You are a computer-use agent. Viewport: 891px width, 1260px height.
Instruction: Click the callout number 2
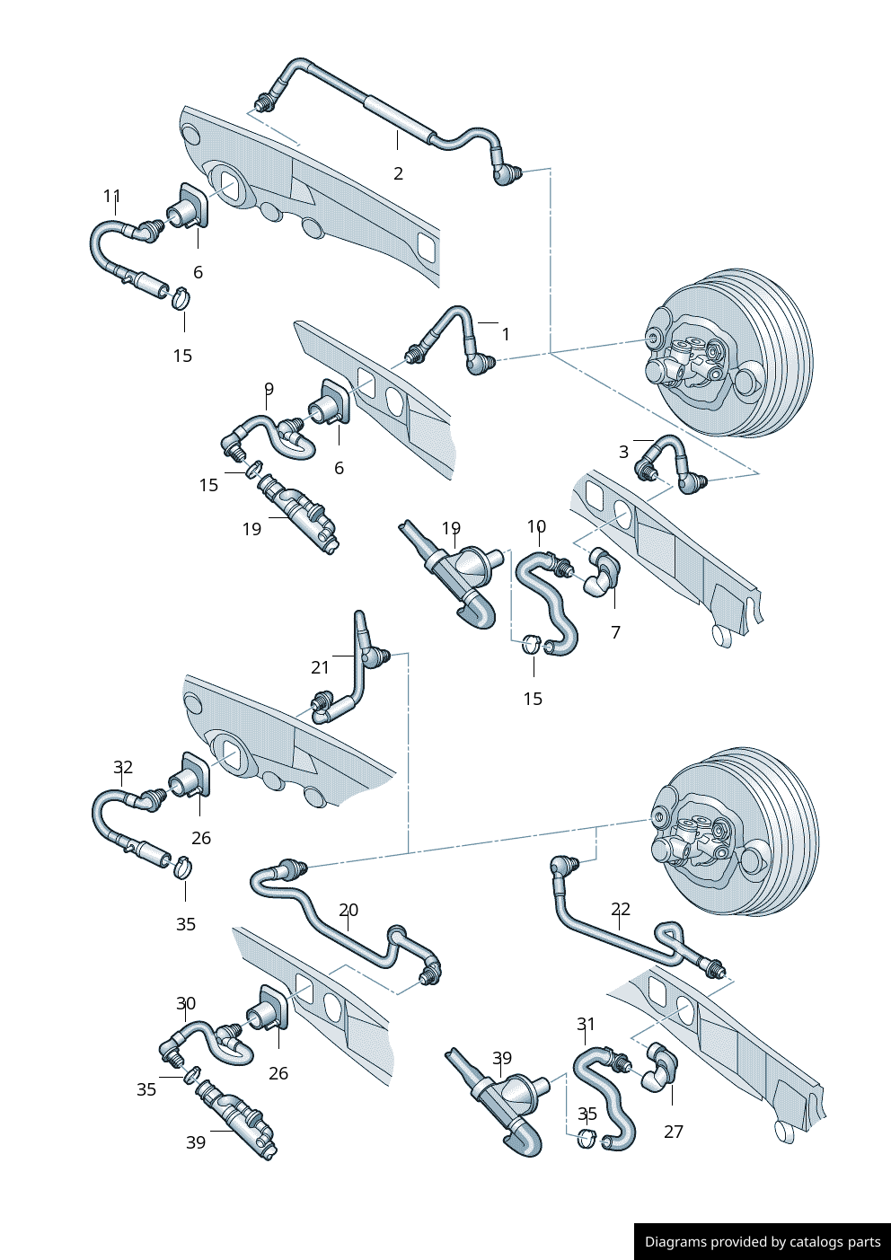(398, 173)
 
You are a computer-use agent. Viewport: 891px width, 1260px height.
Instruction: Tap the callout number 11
(111, 196)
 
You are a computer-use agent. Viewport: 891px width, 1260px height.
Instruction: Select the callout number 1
(506, 334)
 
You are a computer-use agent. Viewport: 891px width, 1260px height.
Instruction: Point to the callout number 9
(269, 389)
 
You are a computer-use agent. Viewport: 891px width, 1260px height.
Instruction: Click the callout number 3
(623, 452)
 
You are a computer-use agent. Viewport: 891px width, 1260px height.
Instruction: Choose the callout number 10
(536, 526)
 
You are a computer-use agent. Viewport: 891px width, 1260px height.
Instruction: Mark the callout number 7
(615, 632)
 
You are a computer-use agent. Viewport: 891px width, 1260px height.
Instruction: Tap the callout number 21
(321, 667)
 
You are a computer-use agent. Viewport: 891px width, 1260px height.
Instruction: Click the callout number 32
(123, 767)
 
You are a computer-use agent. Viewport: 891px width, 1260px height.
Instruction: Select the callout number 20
(348, 910)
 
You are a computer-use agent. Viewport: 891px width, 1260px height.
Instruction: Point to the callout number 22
(621, 909)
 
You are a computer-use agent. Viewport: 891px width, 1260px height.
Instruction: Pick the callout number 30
(186, 1003)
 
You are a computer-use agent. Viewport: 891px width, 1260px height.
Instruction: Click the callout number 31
(586, 1024)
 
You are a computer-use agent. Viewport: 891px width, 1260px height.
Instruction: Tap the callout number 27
(674, 1132)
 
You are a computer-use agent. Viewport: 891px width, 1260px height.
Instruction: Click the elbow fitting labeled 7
(602, 573)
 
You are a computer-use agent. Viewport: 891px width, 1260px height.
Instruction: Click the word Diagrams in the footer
(675, 1242)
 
